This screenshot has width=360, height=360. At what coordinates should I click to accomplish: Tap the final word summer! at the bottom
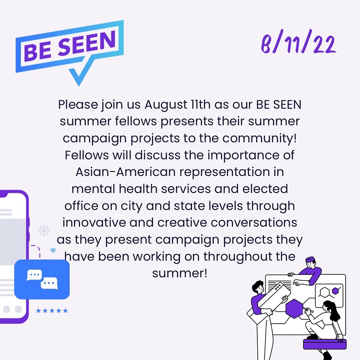[x=180, y=274]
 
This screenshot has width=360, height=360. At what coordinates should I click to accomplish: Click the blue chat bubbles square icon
[x=42, y=279]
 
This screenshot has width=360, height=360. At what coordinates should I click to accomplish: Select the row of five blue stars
[x=52, y=311]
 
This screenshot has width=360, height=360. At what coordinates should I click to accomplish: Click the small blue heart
[x=53, y=250]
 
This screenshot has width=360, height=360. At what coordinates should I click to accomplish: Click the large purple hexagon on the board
[x=294, y=308]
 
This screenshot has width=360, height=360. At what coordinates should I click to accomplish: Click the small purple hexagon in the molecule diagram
[x=335, y=291]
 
